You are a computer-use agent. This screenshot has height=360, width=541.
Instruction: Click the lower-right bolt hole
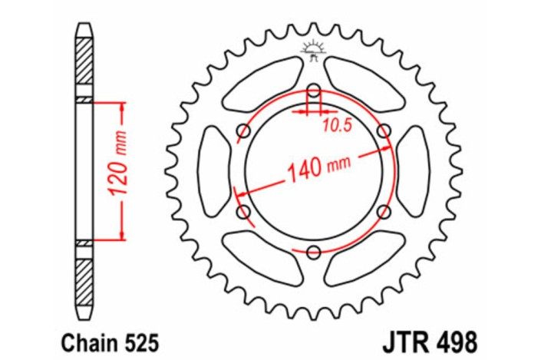pos(384,211)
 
